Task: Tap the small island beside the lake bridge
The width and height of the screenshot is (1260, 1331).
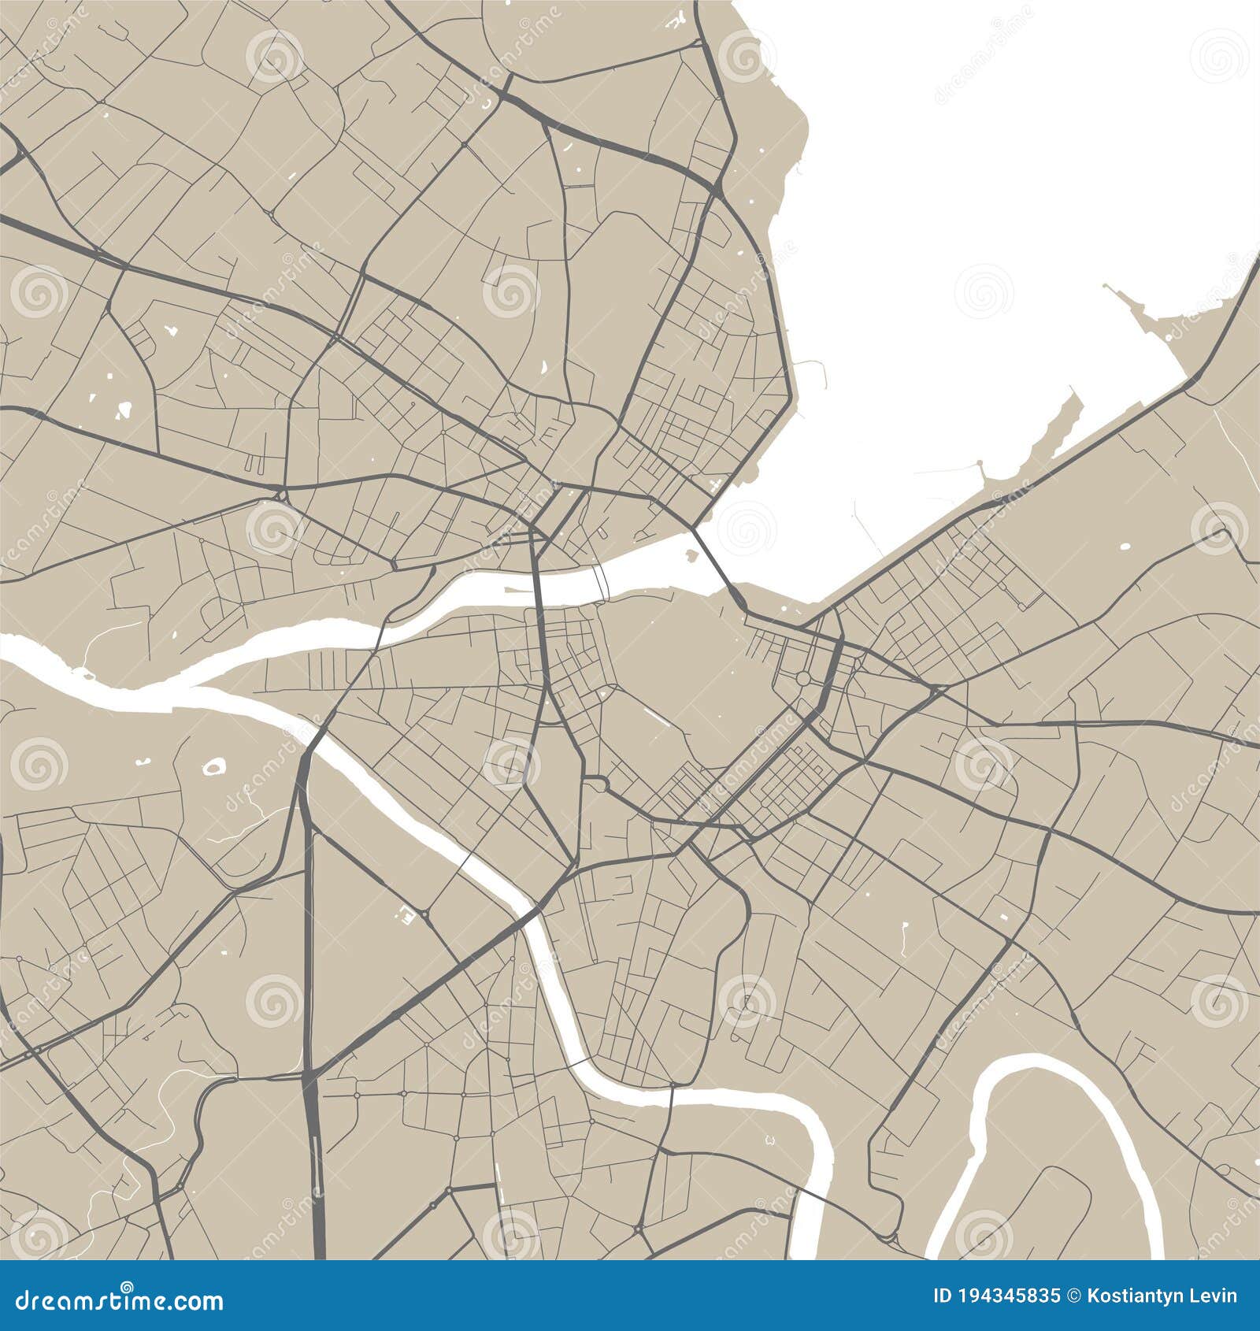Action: (691, 556)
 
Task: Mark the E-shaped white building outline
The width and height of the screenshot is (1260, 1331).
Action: (406, 914)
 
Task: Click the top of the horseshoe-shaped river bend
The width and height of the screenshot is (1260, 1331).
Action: (1024, 1066)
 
